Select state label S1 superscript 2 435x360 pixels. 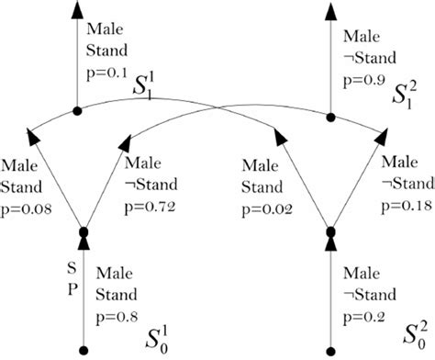click(x=403, y=90)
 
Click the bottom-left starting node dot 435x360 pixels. click(x=84, y=348)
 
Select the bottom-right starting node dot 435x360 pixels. click(x=331, y=348)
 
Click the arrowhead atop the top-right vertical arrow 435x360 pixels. click(x=331, y=11)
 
